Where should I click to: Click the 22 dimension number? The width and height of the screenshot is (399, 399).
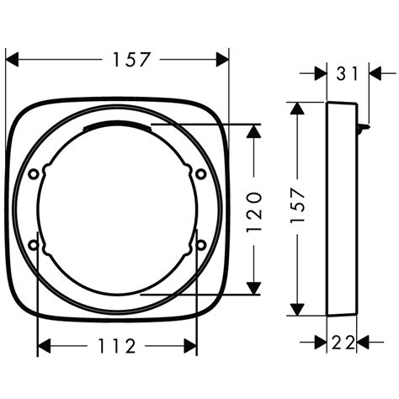coord(343,342)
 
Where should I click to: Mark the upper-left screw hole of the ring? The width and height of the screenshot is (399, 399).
coord(34,173)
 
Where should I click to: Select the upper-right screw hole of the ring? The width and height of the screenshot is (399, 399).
coord(200,173)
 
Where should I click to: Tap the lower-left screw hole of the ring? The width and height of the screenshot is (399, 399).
coord(34,245)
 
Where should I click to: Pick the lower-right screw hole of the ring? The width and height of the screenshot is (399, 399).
coord(200,245)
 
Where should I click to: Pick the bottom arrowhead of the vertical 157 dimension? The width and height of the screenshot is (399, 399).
coord(296,307)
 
